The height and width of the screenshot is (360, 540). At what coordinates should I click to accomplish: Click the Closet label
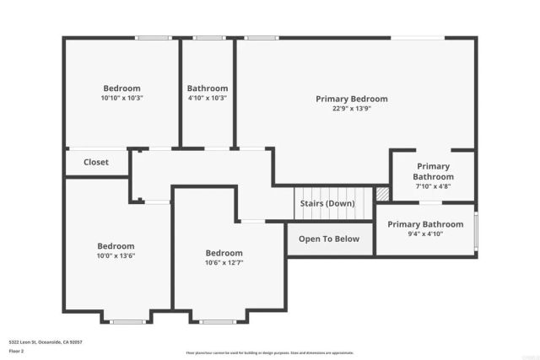[96, 162]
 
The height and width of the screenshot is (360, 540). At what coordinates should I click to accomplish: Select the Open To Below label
[329, 239]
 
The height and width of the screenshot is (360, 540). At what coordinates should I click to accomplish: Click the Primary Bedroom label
[352, 99]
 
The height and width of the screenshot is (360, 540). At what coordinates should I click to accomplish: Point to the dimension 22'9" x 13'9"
[351, 109]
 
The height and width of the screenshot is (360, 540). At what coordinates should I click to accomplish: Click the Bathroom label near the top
[208, 89]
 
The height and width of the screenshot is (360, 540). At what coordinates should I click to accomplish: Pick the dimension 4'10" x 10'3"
[208, 98]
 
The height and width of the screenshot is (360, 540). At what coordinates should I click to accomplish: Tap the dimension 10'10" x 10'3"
[122, 98]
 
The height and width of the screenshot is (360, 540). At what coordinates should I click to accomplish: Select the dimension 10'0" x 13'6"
[116, 256]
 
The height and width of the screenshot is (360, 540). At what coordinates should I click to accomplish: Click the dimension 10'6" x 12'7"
[224, 263]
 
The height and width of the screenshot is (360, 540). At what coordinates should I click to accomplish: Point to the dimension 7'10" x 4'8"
[433, 187]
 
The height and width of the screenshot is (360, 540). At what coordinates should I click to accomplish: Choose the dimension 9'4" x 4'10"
[425, 234]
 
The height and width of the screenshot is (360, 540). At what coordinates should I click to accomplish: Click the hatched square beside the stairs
[383, 194]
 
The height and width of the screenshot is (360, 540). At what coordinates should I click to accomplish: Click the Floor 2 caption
[17, 352]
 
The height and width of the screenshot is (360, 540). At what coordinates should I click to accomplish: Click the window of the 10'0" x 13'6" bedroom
[128, 321]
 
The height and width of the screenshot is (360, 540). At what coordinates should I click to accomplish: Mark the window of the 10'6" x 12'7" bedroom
[217, 321]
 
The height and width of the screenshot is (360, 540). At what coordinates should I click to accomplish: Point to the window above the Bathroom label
[208, 37]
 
